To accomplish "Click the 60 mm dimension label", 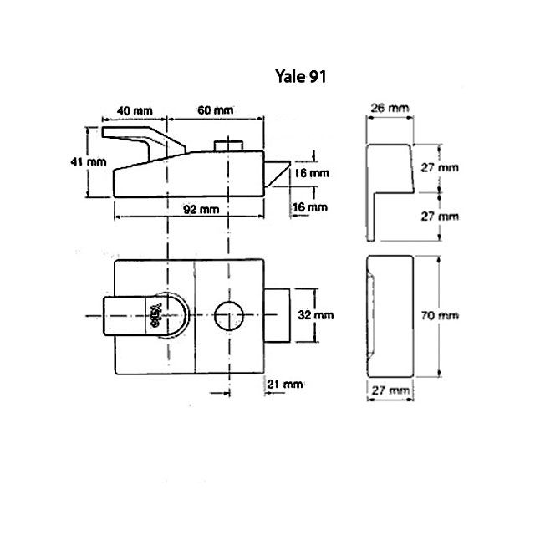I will (x=215, y=110).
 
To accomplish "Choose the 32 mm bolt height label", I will (x=315, y=315).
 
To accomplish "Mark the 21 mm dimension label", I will (x=283, y=384).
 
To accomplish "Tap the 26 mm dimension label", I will (x=388, y=108).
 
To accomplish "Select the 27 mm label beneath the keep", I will (x=388, y=390).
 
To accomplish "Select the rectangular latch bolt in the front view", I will (x=278, y=315).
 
